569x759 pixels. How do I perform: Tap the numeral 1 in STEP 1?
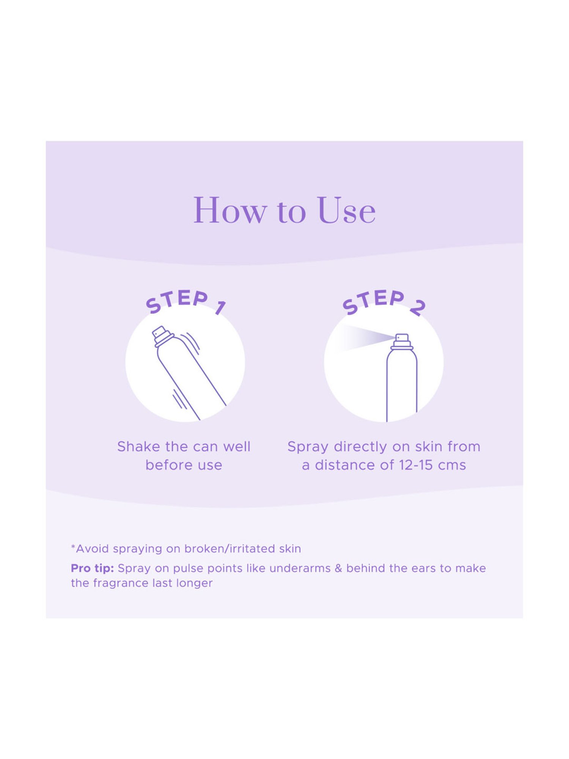[x=220, y=307]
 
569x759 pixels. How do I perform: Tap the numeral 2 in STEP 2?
[x=418, y=308]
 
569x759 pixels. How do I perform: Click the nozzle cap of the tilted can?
[x=162, y=336]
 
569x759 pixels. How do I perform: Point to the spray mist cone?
[x=364, y=337]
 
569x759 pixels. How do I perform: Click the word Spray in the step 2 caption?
[x=308, y=447]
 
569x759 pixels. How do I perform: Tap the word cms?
[x=452, y=466]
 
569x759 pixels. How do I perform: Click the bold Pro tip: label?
[x=92, y=568]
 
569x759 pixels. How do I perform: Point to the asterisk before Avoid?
[x=73, y=546]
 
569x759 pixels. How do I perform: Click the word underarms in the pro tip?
[x=300, y=568]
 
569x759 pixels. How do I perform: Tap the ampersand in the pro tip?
[x=338, y=568]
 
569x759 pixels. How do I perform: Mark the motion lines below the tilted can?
[x=179, y=399]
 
